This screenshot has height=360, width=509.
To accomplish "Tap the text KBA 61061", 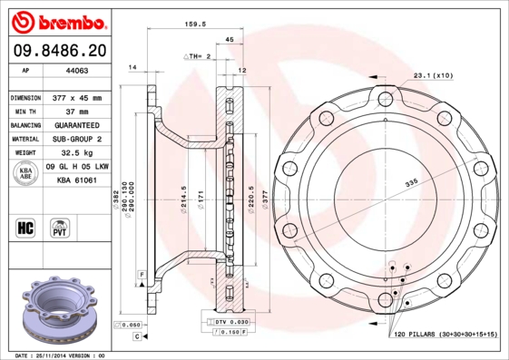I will pos(77,180).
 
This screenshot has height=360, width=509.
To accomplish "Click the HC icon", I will pos(24,226).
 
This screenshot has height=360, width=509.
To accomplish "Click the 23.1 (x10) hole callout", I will pos(433,75).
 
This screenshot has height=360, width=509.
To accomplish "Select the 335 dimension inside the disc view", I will pos(411,183).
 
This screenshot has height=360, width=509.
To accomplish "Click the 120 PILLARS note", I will pos(445,336).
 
